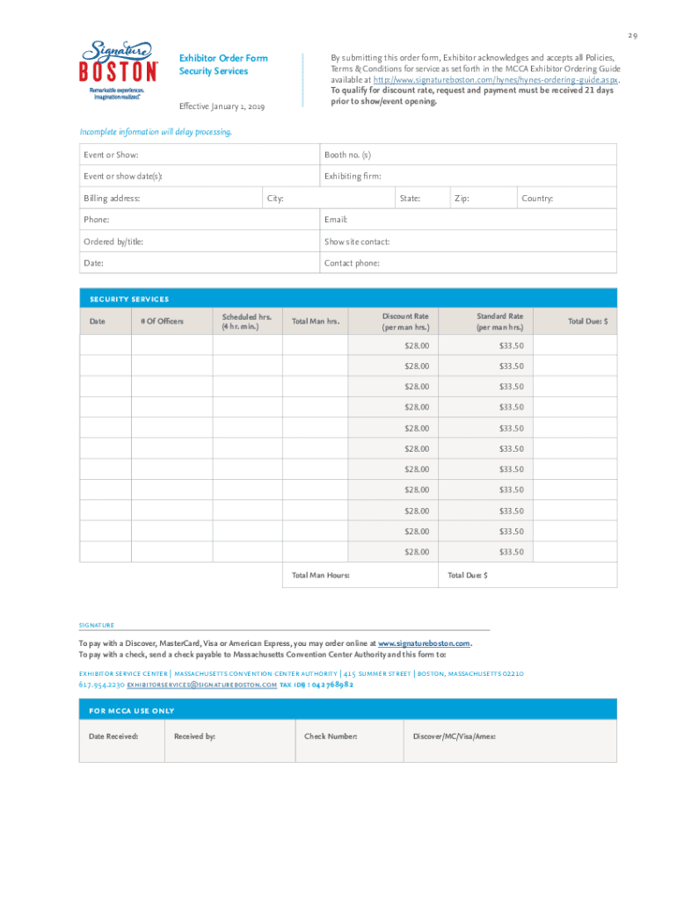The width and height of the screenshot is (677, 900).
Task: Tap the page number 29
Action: (632, 35)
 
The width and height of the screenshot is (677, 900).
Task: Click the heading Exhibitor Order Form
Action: (223, 58)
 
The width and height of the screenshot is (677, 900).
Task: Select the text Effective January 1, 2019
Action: (222, 106)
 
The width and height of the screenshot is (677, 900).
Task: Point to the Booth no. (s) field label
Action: (347, 155)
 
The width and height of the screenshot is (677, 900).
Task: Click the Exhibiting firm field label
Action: (353, 177)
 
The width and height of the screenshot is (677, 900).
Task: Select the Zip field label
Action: (462, 199)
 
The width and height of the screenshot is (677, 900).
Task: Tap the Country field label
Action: (537, 199)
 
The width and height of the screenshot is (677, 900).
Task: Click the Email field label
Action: (336, 220)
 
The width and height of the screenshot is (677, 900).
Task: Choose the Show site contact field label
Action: (357, 242)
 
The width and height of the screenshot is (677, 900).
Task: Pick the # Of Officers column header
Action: (162, 322)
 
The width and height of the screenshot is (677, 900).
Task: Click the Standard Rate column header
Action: (499, 322)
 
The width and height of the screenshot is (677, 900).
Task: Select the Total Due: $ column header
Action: (587, 322)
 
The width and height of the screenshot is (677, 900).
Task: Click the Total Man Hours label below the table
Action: (320, 575)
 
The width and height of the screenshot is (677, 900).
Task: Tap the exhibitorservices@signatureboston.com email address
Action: (202, 684)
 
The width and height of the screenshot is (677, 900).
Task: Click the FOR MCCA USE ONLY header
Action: (132, 710)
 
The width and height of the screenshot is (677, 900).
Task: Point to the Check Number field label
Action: (331, 736)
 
